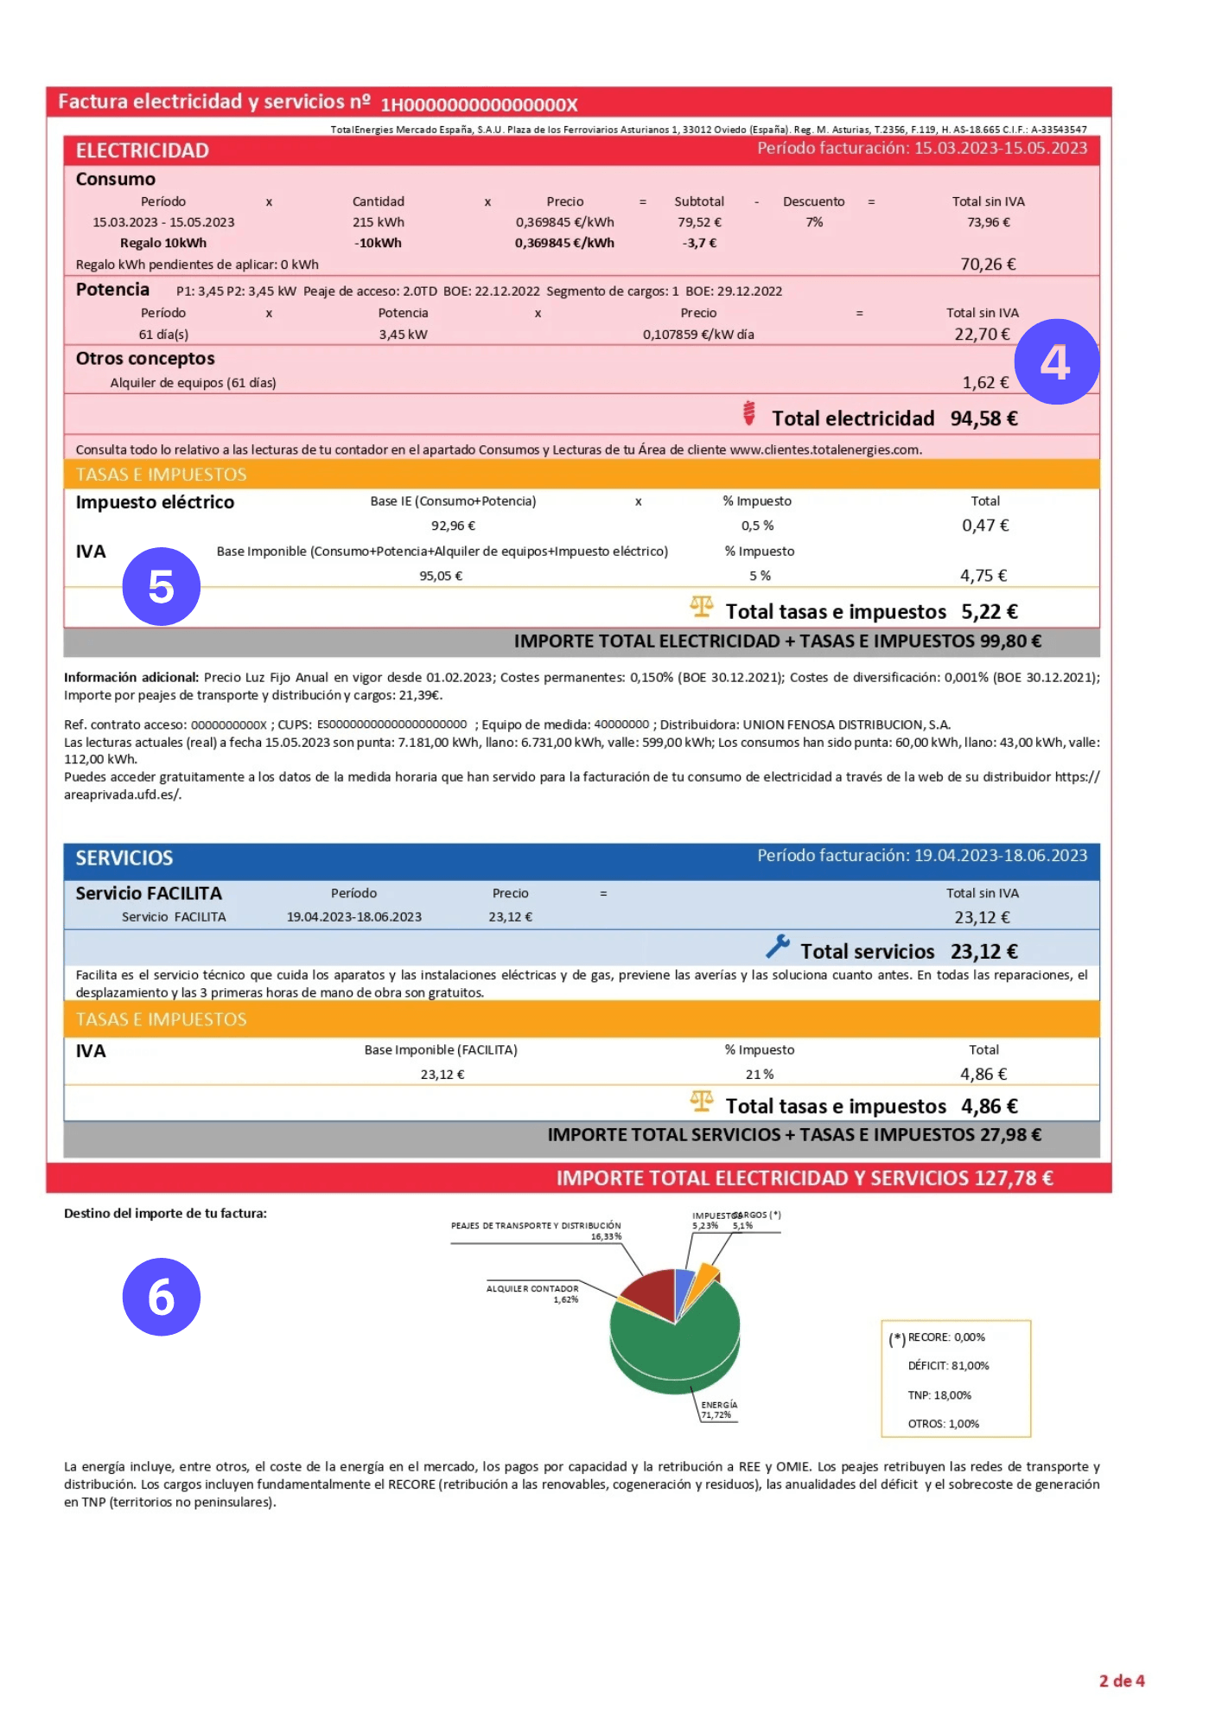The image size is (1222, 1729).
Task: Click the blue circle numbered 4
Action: [1056, 361]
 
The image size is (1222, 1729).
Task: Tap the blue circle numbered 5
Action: [162, 586]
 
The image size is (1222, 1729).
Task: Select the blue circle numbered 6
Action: [162, 1296]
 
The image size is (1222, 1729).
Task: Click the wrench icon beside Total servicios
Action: [777, 947]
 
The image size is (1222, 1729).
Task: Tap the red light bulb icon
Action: [749, 413]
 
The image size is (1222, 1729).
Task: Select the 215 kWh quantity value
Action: [379, 222]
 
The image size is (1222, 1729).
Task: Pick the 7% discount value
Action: [814, 222]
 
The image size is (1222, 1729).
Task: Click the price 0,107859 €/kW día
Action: [698, 335]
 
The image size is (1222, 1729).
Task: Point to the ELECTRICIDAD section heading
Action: [143, 150]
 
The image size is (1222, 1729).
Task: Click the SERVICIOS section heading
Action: [124, 858]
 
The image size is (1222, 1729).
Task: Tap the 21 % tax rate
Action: [760, 1075]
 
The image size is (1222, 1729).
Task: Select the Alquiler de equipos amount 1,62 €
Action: [985, 382]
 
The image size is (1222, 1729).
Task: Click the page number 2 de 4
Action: [1121, 1681]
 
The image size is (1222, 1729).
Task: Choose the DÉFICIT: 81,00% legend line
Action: [948, 1366]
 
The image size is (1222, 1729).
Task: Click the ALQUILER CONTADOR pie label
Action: [532, 1289]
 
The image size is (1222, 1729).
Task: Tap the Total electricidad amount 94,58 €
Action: [983, 418]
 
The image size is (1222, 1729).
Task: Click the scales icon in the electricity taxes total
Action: [702, 607]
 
